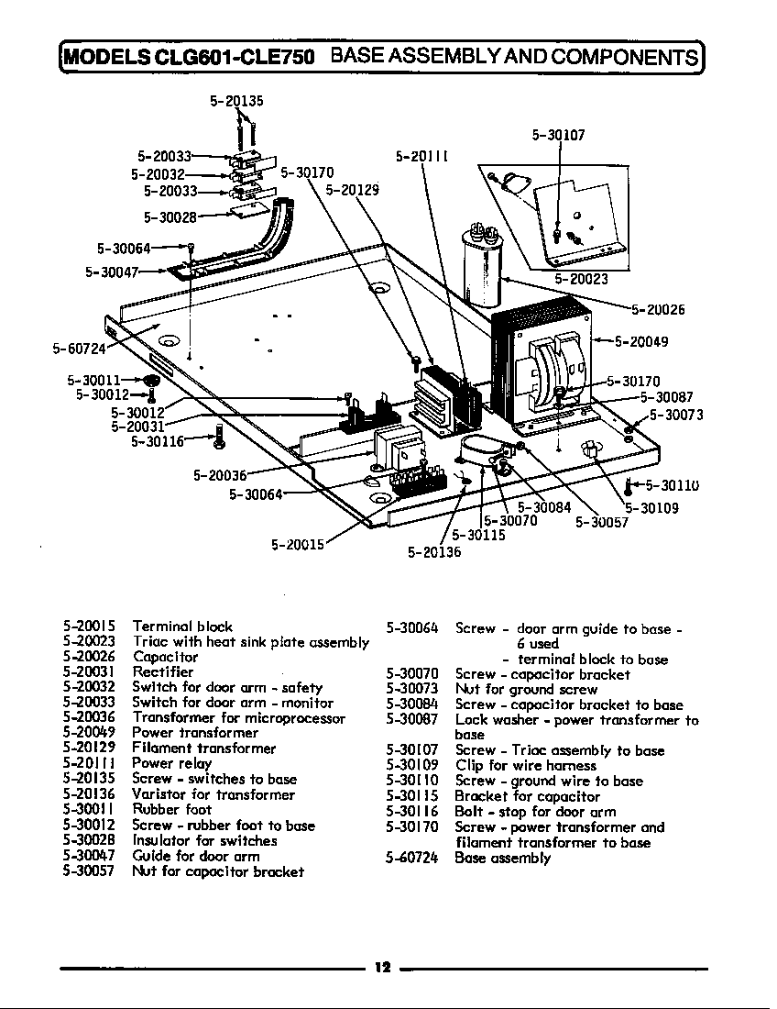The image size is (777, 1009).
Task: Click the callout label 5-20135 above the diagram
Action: pos(236,101)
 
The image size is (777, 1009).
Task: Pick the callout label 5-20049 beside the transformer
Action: pos(640,342)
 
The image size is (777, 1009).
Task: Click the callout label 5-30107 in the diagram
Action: pos(558,135)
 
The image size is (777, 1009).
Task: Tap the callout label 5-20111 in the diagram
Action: pos(421,156)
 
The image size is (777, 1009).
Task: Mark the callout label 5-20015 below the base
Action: pos(299,544)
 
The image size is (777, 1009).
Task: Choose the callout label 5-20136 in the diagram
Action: pos(434,552)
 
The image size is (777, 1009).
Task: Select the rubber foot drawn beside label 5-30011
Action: pos(152,379)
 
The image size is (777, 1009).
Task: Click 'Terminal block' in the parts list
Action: pos(182,626)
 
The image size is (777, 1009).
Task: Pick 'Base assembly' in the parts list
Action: pos(503,859)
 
